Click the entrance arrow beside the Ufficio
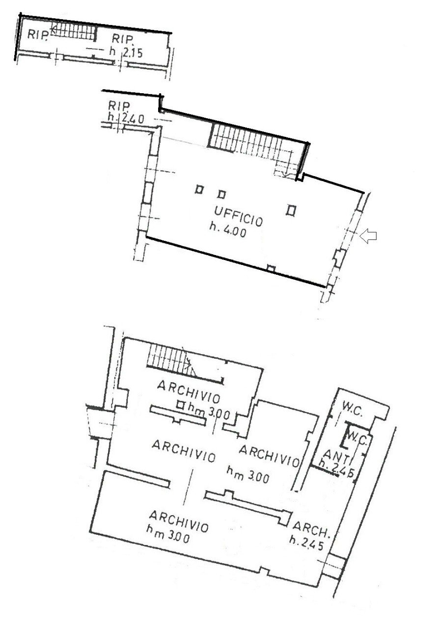point(368,236)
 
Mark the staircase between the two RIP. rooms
point(73,32)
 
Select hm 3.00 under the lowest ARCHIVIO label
point(168,534)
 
